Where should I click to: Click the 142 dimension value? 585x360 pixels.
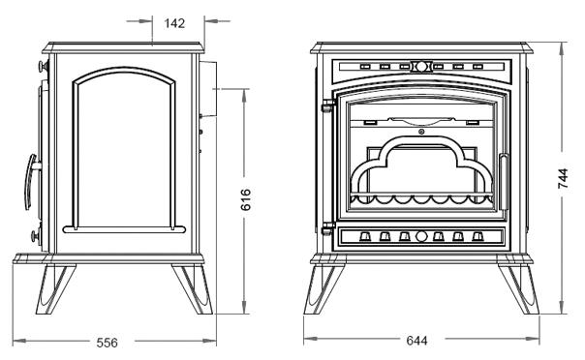174,23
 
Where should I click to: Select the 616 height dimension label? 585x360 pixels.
245,199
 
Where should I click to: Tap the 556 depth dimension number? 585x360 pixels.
108,343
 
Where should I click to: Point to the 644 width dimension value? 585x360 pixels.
416,341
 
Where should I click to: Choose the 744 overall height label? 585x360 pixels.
563,178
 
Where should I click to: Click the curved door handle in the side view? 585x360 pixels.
31,182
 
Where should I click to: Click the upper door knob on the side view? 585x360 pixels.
44,67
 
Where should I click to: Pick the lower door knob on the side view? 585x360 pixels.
37,236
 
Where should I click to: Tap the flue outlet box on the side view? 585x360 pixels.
208,89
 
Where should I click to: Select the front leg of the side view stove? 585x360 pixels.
55,289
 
